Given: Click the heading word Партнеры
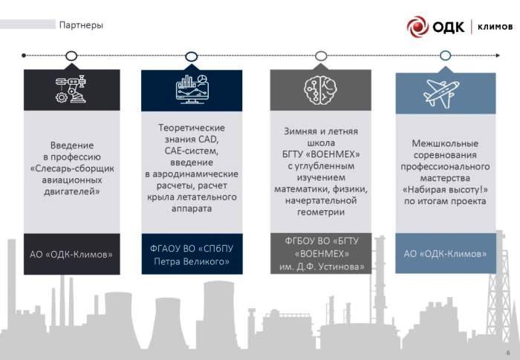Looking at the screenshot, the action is click(x=81, y=25).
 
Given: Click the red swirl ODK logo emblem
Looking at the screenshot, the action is click(x=417, y=27).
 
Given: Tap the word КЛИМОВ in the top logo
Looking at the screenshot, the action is click(x=495, y=27).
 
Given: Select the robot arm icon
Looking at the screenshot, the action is click(x=71, y=89).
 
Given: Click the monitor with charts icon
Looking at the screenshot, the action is click(x=192, y=89).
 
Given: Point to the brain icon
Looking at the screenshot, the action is click(x=320, y=90).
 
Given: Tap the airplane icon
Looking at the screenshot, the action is click(x=441, y=94).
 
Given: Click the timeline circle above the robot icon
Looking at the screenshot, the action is click(x=71, y=56).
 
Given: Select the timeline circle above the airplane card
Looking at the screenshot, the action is click(x=445, y=56).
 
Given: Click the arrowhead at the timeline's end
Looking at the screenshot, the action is click(x=498, y=56).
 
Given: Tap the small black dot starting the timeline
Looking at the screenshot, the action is click(x=24, y=56).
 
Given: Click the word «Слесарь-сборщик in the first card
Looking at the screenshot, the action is click(x=72, y=168).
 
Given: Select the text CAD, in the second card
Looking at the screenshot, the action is click(x=208, y=140).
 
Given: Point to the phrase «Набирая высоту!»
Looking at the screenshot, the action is click(x=445, y=189).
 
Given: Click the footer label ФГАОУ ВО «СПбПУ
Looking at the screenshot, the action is click(x=192, y=249).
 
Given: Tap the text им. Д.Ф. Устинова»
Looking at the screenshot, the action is click(x=322, y=266).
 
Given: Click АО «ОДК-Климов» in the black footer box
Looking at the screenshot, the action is click(x=71, y=255).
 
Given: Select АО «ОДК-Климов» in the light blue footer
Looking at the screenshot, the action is click(x=445, y=254).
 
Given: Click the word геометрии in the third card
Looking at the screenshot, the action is click(x=321, y=212).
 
